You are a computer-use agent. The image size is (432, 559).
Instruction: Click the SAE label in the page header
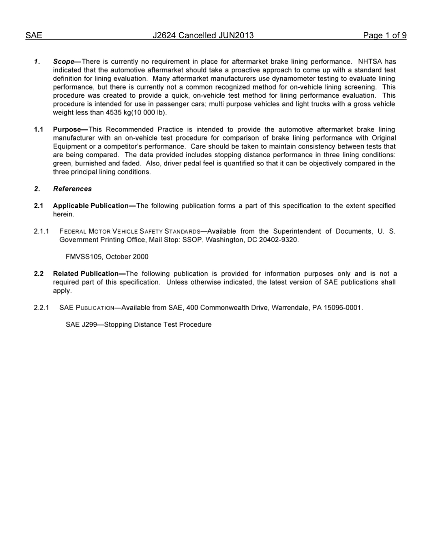click(x=34, y=35)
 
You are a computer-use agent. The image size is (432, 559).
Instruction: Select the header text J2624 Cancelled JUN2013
click(x=203, y=35)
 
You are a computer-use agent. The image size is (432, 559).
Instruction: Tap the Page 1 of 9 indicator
click(x=384, y=35)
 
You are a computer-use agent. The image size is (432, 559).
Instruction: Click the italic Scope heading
click(x=64, y=61)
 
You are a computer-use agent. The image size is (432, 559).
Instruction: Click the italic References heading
click(x=72, y=189)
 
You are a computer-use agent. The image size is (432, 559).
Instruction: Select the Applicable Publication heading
click(x=91, y=206)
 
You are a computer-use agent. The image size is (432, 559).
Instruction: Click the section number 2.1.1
click(x=41, y=231)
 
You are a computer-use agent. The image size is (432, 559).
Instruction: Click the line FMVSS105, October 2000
click(x=107, y=257)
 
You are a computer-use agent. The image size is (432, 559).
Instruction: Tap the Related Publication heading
click(x=86, y=274)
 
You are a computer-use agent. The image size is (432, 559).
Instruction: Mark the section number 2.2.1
click(x=41, y=308)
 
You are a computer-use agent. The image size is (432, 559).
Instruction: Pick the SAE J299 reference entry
click(x=138, y=324)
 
